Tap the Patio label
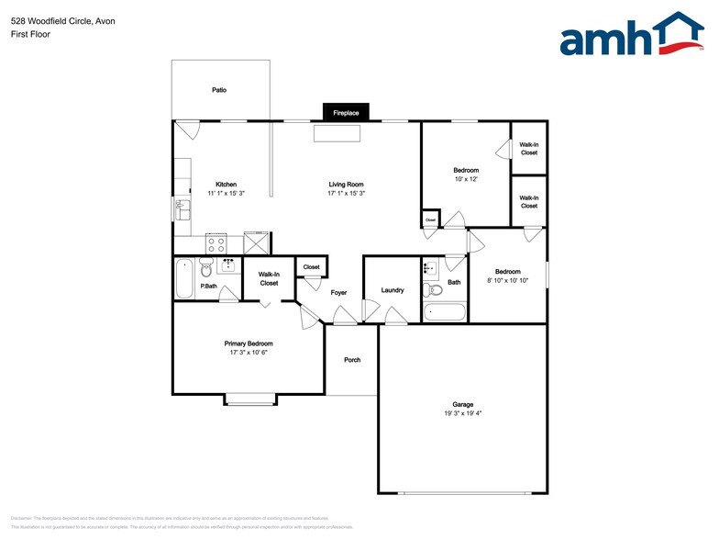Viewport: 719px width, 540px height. pyautogui.click(x=219, y=90)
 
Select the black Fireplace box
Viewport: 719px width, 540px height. pyautogui.click(x=346, y=112)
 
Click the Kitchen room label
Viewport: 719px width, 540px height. pyautogui.click(x=226, y=184)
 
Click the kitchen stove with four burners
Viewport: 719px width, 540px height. pyautogui.click(x=216, y=244)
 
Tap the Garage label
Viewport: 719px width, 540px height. pyautogui.click(x=462, y=404)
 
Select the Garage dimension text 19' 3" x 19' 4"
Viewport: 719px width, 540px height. pyautogui.click(x=462, y=413)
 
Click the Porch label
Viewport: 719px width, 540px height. pyautogui.click(x=352, y=360)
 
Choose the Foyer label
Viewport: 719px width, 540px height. pyautogui.click(x=338, y=292)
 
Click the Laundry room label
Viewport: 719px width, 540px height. pyautogui.click(x=393, y=290)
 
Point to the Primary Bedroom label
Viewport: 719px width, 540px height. pyautogui.click(x=249, y=343)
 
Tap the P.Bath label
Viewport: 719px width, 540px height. pyautogui.click(x=209, y=286)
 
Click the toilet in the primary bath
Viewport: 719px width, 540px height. pyautogui.click(x=206, y=268)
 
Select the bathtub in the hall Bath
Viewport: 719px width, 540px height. pyautogui.click(x=447, y=310)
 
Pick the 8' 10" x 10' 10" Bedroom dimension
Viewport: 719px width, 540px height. pyautogui.click(x=507, y=281)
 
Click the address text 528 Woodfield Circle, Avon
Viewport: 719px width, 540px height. pyautogui.click(x=57, y=19)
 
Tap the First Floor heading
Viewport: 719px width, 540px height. pyautogui.click(x=31, y=34)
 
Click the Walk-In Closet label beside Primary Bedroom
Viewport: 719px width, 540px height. pyautogui.click(x=269, y=278)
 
